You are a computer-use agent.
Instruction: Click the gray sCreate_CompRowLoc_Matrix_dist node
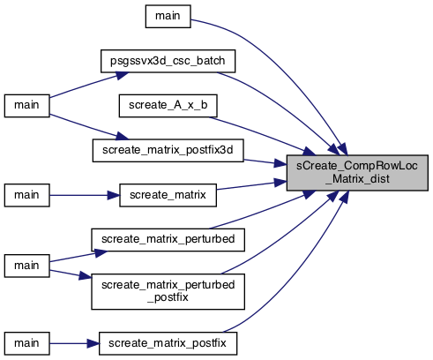coord(357,173)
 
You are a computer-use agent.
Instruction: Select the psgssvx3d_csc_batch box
coord(168,61)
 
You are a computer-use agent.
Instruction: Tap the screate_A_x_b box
coord(168,106)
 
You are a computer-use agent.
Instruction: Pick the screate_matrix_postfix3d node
coord(168,151)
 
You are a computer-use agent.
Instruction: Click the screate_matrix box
coord(168,195)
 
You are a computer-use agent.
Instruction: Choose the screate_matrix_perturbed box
coord(168,240)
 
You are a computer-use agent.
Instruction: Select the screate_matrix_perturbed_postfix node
coord(168,291)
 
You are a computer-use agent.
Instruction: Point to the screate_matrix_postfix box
coord(168,343)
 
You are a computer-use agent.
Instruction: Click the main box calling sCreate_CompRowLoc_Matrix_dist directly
coord(168,16)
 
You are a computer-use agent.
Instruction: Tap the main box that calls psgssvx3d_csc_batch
coord(26,106)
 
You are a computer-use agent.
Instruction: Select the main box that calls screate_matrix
coord(26,195)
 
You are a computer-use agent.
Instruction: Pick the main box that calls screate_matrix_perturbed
coord(26,266)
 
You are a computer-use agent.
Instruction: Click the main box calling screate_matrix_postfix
coord(26,343)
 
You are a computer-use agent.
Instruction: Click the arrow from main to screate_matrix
coord(85,195)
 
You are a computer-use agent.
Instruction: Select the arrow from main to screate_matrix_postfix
coord(74,343)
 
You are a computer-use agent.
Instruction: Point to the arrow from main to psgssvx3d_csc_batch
coord(89,85)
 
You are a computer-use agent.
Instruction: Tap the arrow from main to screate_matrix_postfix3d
coord(89,127)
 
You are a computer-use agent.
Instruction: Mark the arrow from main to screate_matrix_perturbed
coord(78,257)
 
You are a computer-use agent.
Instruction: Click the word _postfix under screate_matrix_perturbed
coord(168,297)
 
